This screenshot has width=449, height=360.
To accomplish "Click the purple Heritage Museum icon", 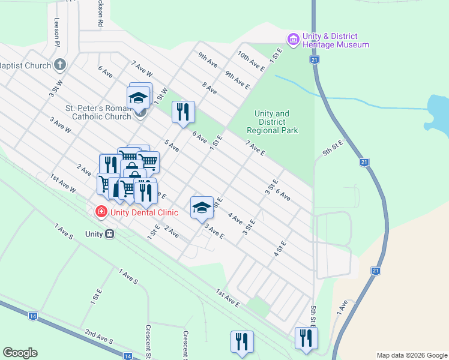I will click(293, 40).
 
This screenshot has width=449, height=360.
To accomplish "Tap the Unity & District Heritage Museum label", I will click(335, 40).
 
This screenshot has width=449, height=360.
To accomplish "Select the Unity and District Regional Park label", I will click(272, 122).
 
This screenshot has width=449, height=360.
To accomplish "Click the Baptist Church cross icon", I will click(59, 64).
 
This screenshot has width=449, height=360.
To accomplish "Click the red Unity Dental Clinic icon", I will click(101, 212).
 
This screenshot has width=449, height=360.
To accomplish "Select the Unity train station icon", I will click(109, 234).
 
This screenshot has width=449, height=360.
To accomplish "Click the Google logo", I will click(20, 353).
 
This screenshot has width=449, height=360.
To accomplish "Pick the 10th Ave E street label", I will click(251, 61).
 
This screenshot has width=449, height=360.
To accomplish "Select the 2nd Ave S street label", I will click(99, 337).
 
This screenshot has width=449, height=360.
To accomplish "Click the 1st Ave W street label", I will click(63, 184).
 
